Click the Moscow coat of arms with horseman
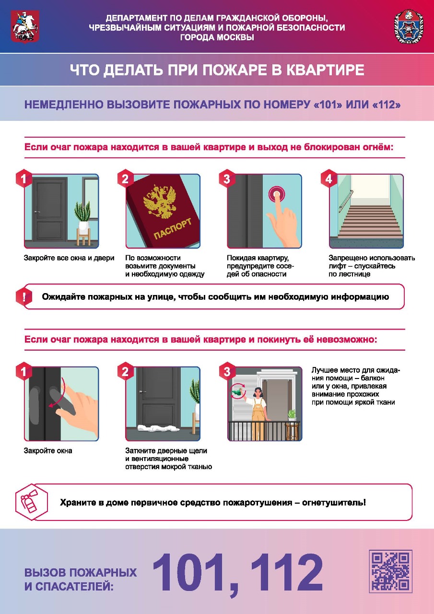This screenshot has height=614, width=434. point(25,26)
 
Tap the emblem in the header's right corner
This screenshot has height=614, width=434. point(408,26)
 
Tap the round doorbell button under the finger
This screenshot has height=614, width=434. point(277,194)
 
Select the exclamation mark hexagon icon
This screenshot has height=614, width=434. point(24,296)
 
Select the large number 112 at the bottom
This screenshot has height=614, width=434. point(286,572)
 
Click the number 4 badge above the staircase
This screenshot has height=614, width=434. point(329,179)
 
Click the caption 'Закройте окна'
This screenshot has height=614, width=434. point(48,450)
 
